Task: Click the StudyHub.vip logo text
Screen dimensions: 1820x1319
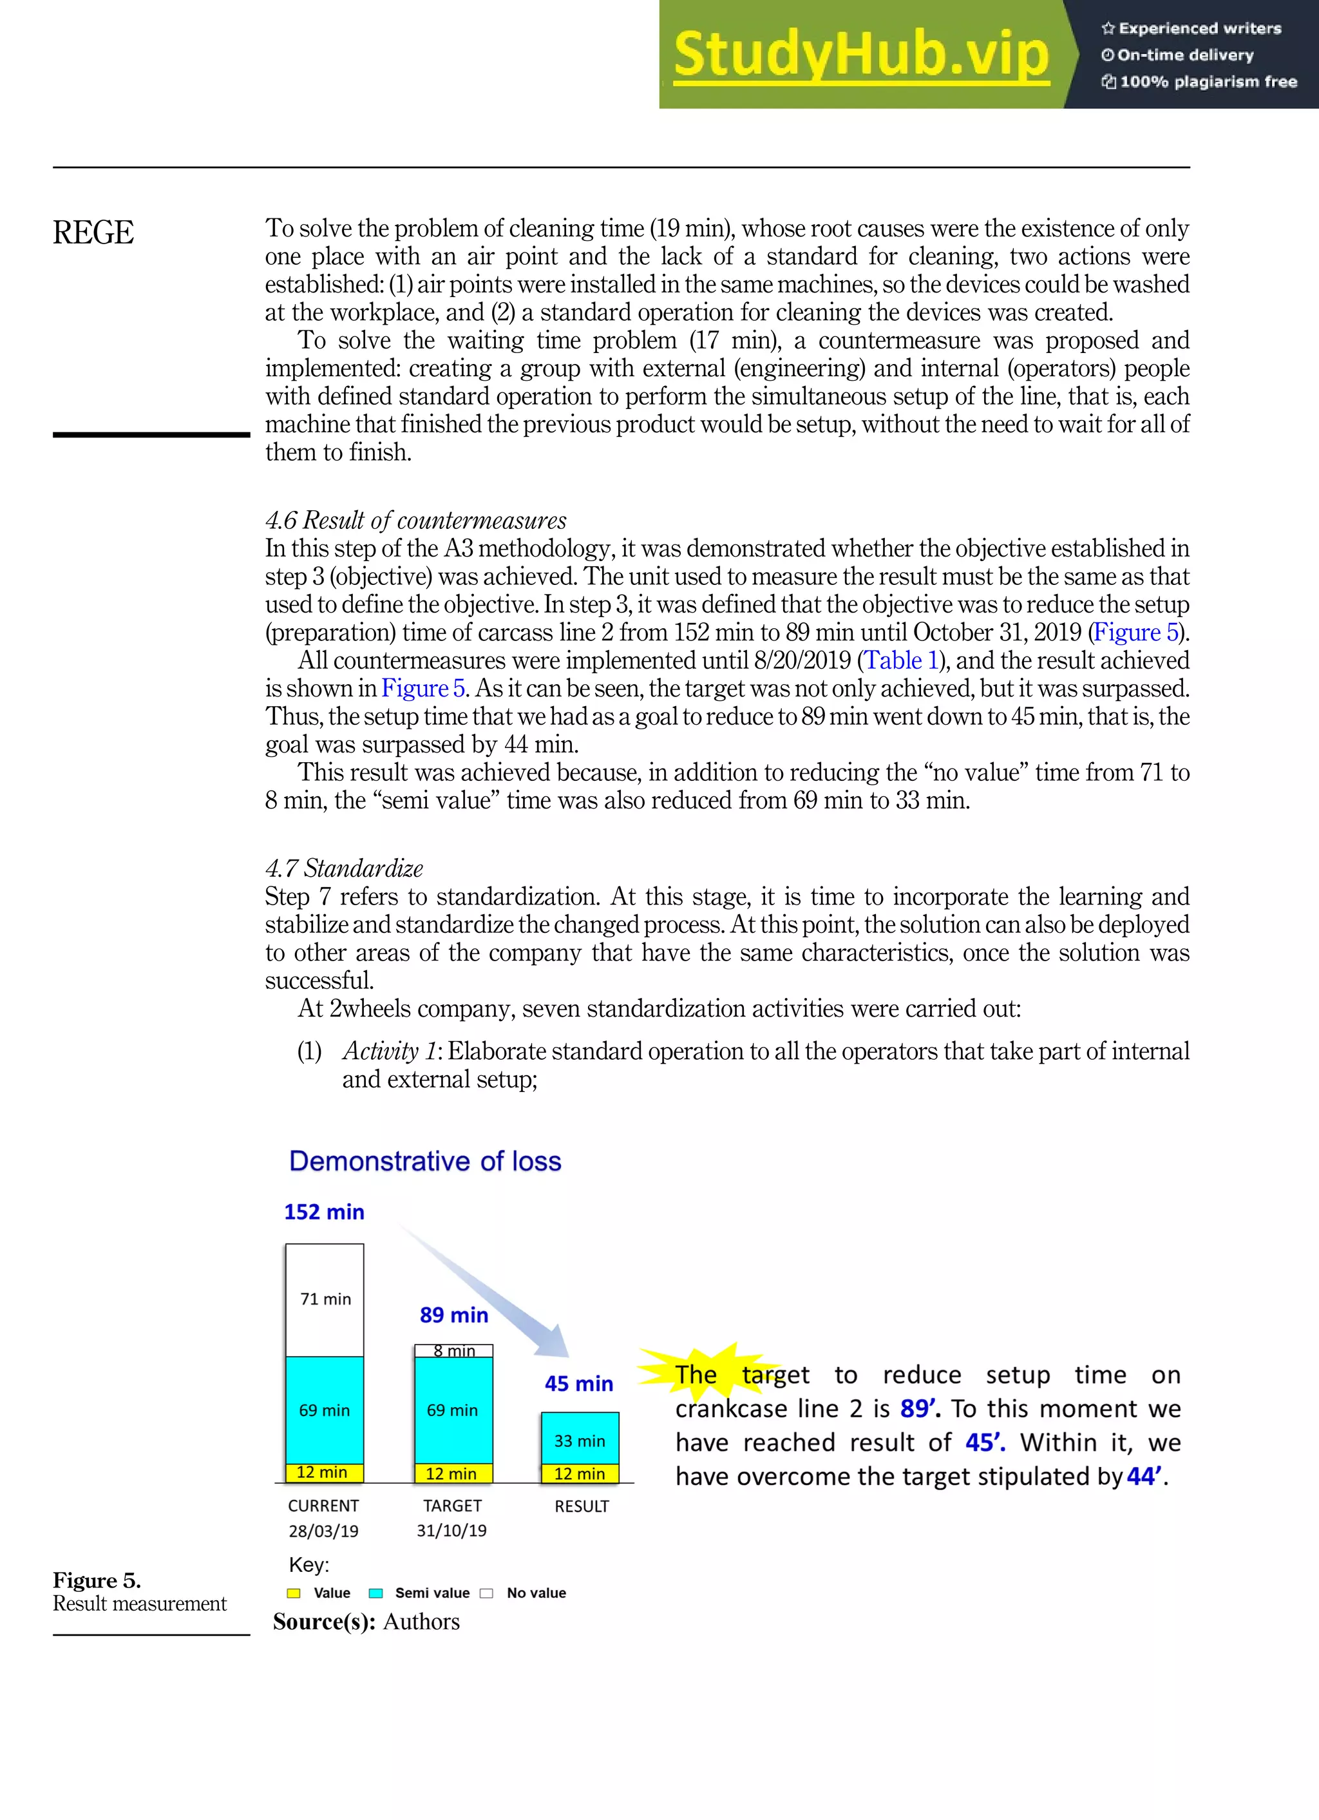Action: [x=861, y=55]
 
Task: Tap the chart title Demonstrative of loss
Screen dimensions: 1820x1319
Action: [x=424, y=1161]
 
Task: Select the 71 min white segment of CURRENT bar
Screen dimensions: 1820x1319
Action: [x=325, y=1300]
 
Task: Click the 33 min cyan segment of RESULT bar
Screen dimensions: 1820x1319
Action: [x=579, y=1441]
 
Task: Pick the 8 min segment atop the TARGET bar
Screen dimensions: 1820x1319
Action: [x=453, y=1350]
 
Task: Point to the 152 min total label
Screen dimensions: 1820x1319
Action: [x=324, y=1212]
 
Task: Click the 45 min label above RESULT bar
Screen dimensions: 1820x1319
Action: [x=578, y=1383]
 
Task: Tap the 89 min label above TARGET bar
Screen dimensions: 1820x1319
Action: [x=453, y=1314]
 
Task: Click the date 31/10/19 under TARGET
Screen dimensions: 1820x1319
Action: [x=451, y=1530]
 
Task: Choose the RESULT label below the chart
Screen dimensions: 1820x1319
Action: [x=581, y=1506]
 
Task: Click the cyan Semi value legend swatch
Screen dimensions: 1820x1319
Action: [x=375, y=1593]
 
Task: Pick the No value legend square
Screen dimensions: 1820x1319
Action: [x=486, y=1593]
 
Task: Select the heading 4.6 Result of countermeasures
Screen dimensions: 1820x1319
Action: [x=415, y=520]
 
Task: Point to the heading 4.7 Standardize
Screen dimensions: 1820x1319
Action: [x=343, y=868]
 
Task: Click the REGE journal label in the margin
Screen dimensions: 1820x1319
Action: [x=93, y=233]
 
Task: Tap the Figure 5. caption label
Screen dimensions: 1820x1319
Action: [x=96, y=1580]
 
